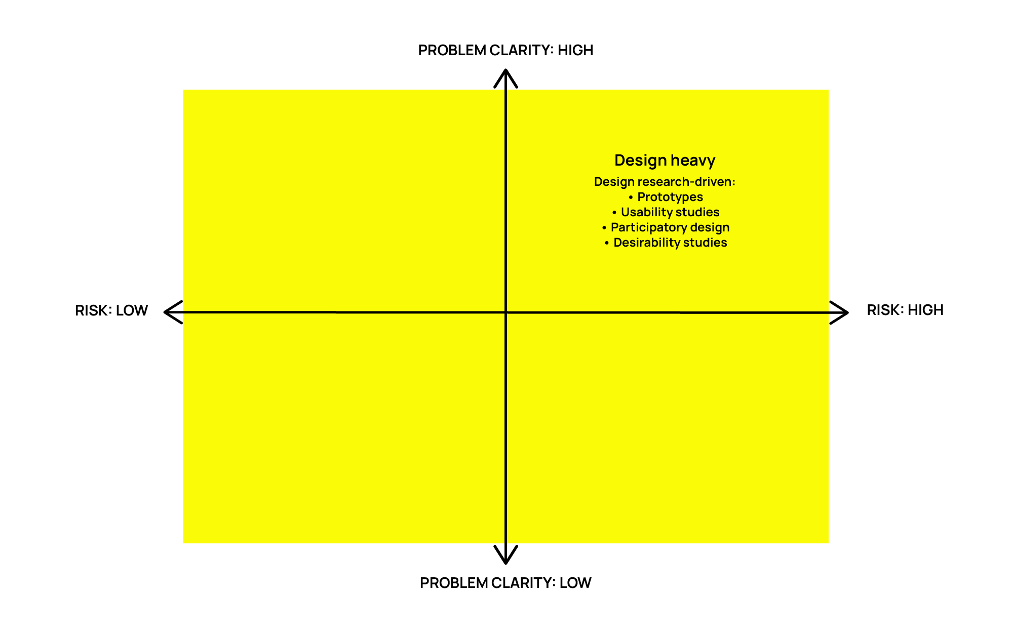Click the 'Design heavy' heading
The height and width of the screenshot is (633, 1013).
tap(665, 161)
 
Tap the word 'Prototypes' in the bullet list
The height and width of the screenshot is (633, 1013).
tap(670, 197)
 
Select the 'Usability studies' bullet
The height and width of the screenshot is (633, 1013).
tap(670, 212)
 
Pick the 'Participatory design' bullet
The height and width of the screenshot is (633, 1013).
tap(670, 227)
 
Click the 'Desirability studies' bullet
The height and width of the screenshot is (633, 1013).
tap(670, 243)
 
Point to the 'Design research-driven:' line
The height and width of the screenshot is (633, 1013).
tap(665, 182)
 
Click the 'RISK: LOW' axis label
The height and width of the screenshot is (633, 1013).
tap(111, 310)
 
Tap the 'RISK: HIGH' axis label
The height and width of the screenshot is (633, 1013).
tap(905, 310)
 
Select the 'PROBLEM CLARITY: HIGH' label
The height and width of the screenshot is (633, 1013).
tap(505, 50)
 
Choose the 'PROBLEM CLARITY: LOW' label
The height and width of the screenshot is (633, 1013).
tap(505, 583)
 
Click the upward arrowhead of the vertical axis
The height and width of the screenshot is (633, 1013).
tap(505, 73)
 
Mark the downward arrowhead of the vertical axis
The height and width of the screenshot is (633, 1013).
tap(505, 559)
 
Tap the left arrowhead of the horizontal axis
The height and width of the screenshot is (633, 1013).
tap(169, 312)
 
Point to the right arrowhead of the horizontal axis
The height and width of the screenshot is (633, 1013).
tap(843, 312)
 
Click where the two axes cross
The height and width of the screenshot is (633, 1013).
tap(505, 312)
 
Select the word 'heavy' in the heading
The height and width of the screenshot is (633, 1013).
tap(693, 161)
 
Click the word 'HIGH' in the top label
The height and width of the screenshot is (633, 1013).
tap(575, 50)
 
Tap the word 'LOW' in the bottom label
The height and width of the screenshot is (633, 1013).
tap(575, 583)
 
